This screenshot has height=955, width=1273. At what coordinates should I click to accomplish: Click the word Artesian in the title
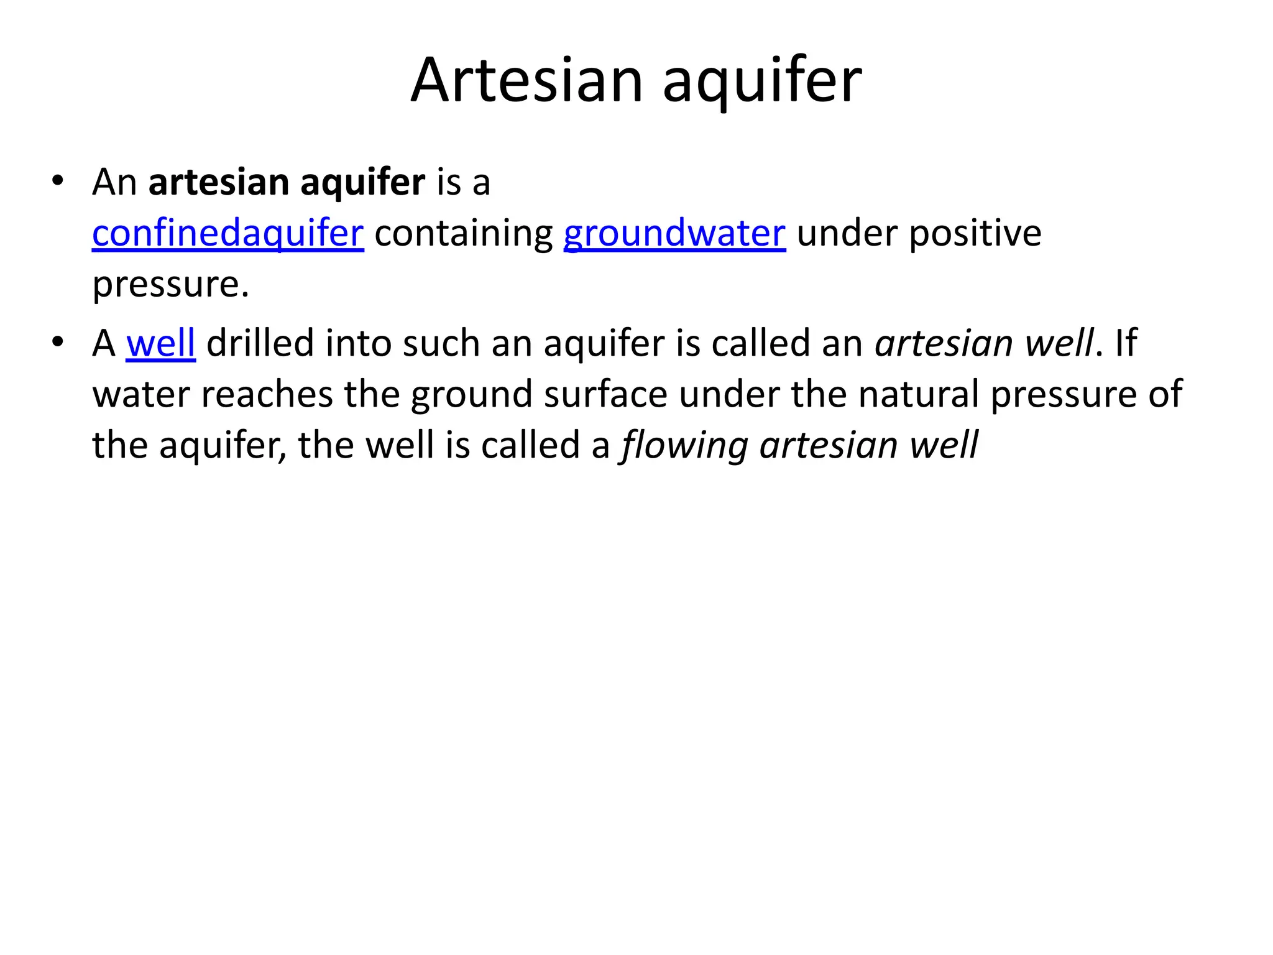[526, 81]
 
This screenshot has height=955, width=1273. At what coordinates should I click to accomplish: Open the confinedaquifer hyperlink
[227, 234]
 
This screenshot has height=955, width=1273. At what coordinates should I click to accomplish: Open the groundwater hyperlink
[674, 234]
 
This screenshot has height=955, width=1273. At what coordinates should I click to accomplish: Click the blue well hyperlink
[160, 343]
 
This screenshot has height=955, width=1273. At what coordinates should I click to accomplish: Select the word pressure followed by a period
[170, 285]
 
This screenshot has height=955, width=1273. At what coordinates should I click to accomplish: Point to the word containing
[464, 234]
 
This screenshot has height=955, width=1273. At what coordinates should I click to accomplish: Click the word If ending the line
[1126, 343]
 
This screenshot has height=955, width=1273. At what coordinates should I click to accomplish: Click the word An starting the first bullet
[114, 183]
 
